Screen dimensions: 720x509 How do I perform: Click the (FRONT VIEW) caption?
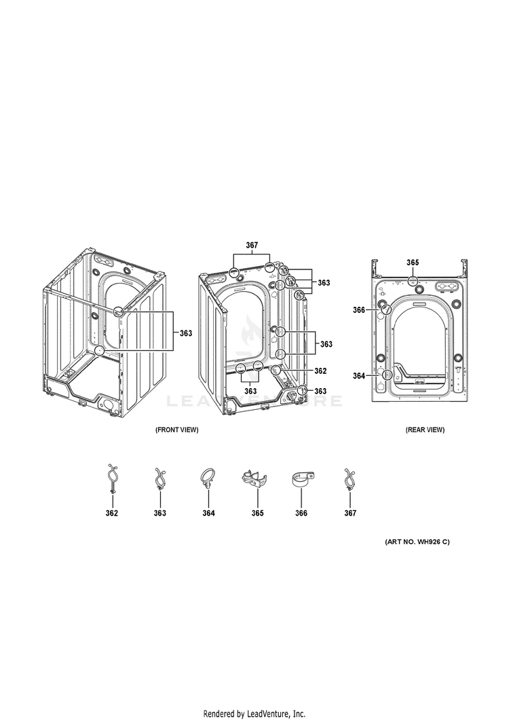click(177, 430)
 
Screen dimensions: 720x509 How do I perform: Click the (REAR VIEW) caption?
click(425, 430)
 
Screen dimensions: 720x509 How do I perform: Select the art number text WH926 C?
click(417, 542)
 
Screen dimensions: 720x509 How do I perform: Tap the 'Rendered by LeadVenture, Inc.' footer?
click(254, 714)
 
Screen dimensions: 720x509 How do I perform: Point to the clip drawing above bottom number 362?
click(111, 478)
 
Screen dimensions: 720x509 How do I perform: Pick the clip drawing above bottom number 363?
click(159, 480)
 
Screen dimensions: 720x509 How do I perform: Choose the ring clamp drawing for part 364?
click(207, 478)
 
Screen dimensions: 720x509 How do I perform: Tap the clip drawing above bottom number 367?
click(350, 480)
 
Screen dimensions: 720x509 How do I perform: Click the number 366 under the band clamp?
click(301, 513)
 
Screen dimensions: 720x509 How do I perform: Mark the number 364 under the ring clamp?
click(208, 513)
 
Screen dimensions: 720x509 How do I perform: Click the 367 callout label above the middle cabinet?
click(252, 245)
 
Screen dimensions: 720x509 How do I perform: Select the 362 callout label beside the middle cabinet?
click(320, 371)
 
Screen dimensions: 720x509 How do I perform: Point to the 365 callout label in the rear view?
click(413, 263)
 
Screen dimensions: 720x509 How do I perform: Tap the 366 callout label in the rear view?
click(359, 310)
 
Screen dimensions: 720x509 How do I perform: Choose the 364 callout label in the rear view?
click(359, 375)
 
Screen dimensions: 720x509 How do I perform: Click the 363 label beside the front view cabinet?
click(185, 333)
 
